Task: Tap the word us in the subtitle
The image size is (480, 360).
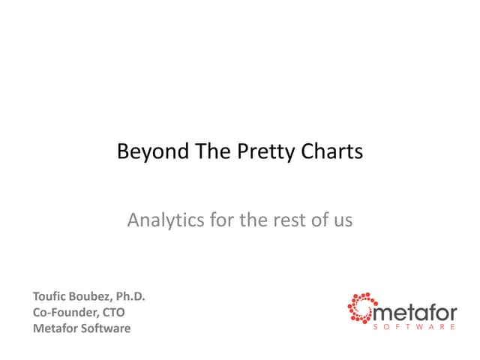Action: click(x=343, y=220)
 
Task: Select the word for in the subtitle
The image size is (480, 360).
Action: click(x=211, y=220)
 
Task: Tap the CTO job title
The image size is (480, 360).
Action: click(x=114, y=313)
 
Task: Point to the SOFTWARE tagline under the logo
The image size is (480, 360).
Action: click(x=413, y=327)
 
